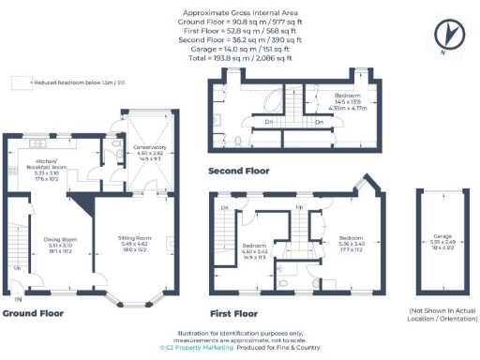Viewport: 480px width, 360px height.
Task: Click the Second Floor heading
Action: [238, 172]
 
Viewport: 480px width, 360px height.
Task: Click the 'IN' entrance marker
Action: [18, 299]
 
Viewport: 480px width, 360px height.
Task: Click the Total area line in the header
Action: [239, 57]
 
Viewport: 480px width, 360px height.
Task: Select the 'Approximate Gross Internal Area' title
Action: [239, 13]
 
